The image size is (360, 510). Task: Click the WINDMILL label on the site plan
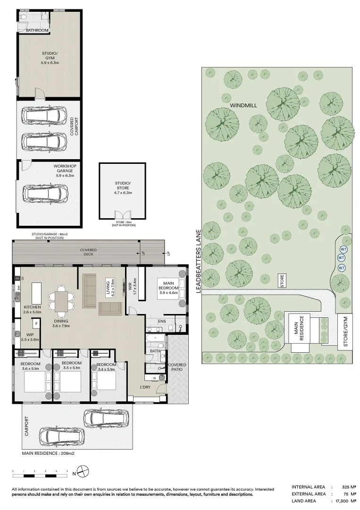click(x=243, y=105)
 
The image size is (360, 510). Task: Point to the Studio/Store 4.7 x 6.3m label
click(x=124, y=187)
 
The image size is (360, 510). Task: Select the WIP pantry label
click(x=30, y=337)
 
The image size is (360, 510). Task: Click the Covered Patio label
click(x=177, y=367)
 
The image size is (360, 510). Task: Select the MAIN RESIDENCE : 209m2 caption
click(x=49, y=453)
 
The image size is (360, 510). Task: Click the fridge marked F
click(x=36, y=324)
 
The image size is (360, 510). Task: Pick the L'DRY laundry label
click(x=145, y=388)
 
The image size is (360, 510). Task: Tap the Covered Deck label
click(x=88, y=252)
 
